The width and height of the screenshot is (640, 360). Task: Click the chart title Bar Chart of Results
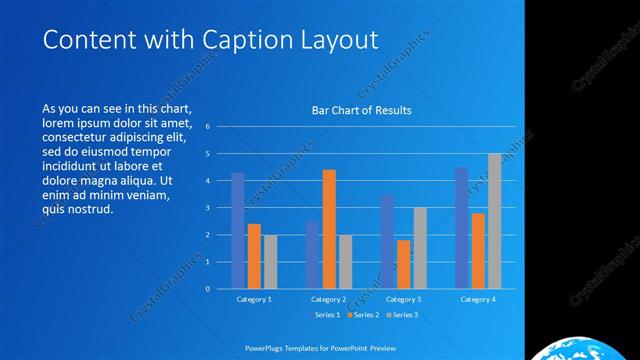[x=361, y=110]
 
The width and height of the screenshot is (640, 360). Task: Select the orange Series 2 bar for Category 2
[x=329, y=229]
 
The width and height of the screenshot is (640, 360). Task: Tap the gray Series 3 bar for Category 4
[x=495, y=221]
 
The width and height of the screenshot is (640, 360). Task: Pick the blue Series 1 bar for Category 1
[x=238, y=230]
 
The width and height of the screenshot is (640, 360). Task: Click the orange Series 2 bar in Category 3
[x=403, y=264]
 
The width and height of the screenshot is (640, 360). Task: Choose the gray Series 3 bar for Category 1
[x=270, y=261]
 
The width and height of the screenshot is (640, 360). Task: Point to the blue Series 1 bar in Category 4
[x=461, y=227]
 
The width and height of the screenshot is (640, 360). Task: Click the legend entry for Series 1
[x=328, y=315]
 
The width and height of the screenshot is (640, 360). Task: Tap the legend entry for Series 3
[x=401, y=315]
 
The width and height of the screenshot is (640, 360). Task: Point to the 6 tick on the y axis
[x=206, y=127]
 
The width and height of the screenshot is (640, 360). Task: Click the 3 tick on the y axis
[x=206, y=208]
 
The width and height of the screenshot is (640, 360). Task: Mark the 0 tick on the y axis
[x=206, y=289]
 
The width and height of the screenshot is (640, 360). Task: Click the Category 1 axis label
[x=253, y=299]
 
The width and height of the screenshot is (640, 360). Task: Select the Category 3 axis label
[x=403, y=299]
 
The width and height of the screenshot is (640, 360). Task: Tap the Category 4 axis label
[x=478, y=299]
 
